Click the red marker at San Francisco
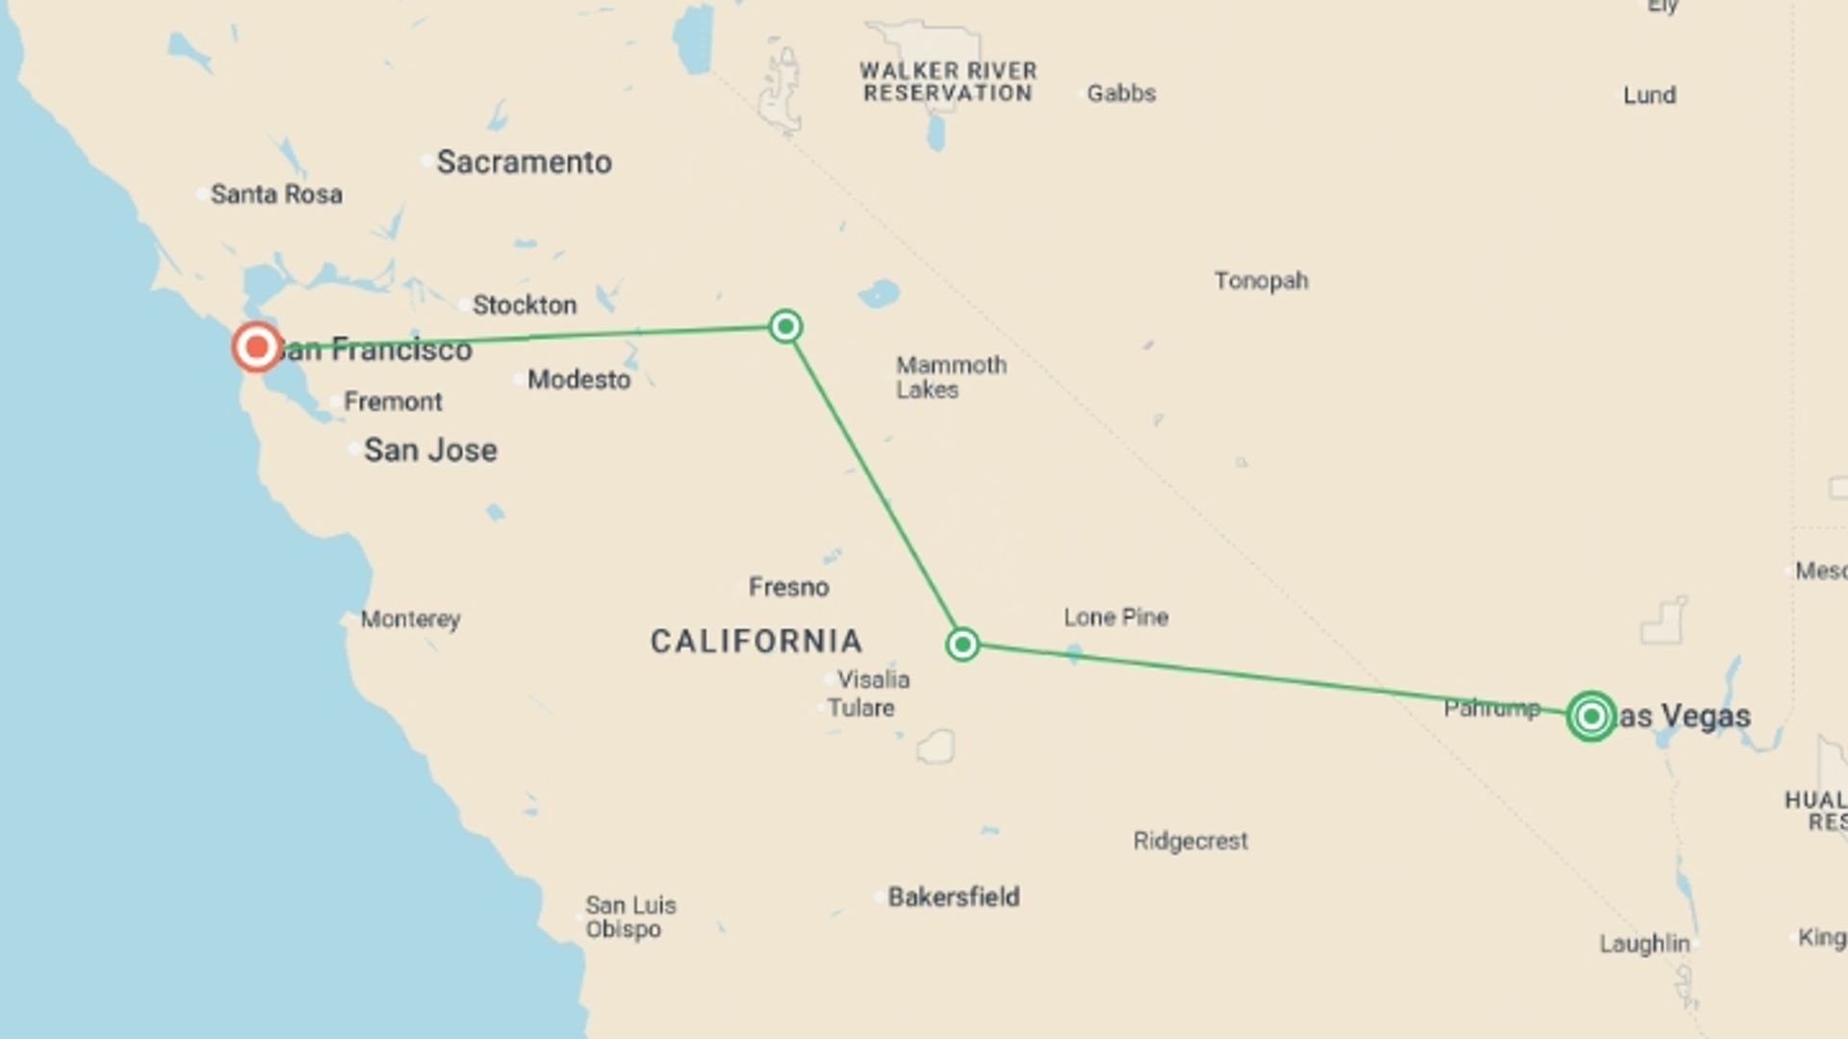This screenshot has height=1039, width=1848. point(257,346)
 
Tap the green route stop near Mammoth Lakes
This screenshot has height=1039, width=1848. point(785,326)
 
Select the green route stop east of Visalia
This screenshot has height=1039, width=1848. point(962,644)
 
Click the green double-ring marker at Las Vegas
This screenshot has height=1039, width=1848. point(1591,716)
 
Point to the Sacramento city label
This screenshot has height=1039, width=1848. point(524,162)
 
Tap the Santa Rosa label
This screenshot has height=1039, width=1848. point(276,194)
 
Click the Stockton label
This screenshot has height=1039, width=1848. point(525,305)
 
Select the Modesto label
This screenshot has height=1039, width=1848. point(578,380)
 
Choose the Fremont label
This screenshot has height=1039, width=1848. point(393,401)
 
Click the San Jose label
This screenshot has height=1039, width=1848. point(430,449)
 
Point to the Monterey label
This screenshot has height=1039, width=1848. point(410,619)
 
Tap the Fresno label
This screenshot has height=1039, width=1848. point(788,587)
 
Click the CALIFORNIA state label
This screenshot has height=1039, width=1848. point(757,641)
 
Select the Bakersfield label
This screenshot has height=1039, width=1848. point(953,897)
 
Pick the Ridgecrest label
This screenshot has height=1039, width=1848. point(1190,841)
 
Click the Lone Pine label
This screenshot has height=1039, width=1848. point(1116,617)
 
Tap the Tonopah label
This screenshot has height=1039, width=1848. point(1261,281)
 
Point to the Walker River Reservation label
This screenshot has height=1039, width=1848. point(948,82)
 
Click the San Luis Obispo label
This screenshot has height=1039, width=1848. point(630,917)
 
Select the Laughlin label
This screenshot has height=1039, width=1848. point(1644,944)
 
